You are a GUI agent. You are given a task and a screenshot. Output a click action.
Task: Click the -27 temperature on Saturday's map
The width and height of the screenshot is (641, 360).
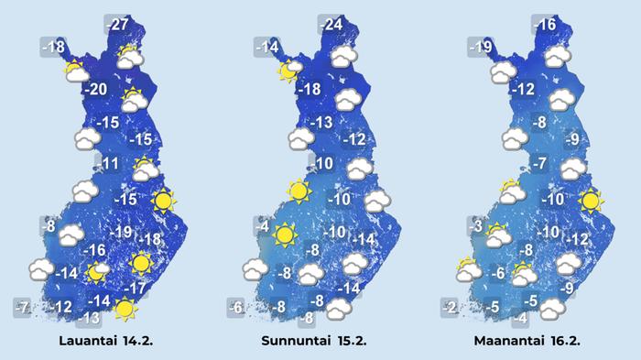[118, 25]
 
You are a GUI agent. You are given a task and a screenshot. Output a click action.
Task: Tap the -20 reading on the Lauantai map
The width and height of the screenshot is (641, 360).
[95, 90]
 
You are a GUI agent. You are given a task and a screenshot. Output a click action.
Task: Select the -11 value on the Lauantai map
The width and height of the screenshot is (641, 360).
[110, 164]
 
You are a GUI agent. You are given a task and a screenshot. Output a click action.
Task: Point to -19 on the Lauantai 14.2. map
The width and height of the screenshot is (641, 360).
[121, 232]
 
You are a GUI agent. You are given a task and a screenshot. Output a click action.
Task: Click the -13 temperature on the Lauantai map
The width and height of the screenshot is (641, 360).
[88, 319]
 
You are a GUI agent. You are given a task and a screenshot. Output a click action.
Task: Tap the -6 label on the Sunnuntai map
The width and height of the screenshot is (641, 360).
[236, 307]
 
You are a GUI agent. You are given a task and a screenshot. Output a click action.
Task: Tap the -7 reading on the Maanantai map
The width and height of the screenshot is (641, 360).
[540, 164]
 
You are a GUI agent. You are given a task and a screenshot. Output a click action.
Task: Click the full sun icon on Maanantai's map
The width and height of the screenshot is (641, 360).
[591, 200]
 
